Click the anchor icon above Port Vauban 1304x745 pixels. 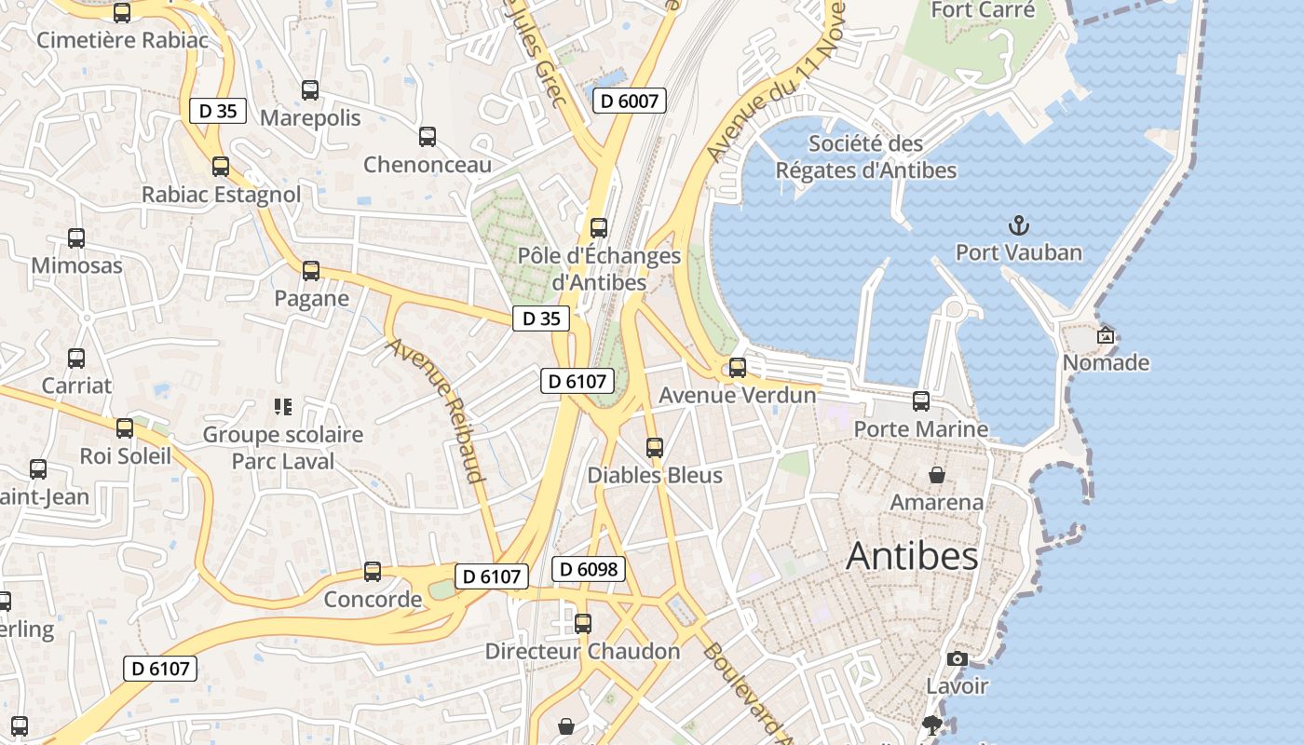[1019, 225]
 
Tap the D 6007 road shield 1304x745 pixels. [630, 101]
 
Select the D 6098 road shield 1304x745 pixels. [588, 569]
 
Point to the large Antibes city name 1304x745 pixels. [912, 556]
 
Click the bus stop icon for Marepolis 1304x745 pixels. [310, 90]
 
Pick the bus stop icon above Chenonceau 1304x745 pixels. [428, 137]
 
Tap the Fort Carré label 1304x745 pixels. [983, 10]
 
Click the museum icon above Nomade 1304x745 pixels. [1106, 335]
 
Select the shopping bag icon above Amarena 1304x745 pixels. [937, 475]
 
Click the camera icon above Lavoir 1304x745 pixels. [957, 659]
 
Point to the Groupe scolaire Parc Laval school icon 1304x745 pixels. [283, 407]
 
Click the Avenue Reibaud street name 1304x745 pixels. [437, 410]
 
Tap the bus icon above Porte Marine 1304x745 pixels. [921, 401]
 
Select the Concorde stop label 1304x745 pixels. [373, 599]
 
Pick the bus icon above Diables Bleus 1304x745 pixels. [655, 448]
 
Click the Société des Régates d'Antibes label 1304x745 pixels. [866, 157]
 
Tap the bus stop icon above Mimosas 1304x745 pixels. [76, 238]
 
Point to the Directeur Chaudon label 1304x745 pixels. [582, 651]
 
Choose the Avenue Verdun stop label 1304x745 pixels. [738, 395]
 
